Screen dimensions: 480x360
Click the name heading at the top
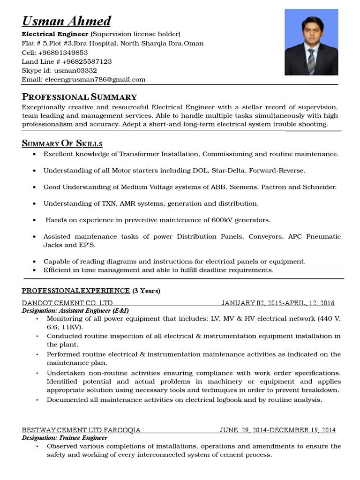pos(67,21)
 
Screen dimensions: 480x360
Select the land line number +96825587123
pos(87,61)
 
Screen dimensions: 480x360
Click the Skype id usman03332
pos(78,70)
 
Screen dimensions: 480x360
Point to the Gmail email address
pos(95,79)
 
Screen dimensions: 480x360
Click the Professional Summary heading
pos(79,97)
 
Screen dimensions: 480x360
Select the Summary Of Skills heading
pos(62,143)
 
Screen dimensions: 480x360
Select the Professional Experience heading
pos(76,291)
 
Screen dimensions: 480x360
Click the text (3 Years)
pos(146,291)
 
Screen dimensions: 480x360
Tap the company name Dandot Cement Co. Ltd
pos(67,303)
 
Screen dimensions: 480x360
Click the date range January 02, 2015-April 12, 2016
pos(278,303)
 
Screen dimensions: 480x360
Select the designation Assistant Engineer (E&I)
pos(75,310)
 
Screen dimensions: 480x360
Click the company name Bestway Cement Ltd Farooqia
pos(81,430)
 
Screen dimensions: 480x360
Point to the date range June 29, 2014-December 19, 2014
pos(278,430)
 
